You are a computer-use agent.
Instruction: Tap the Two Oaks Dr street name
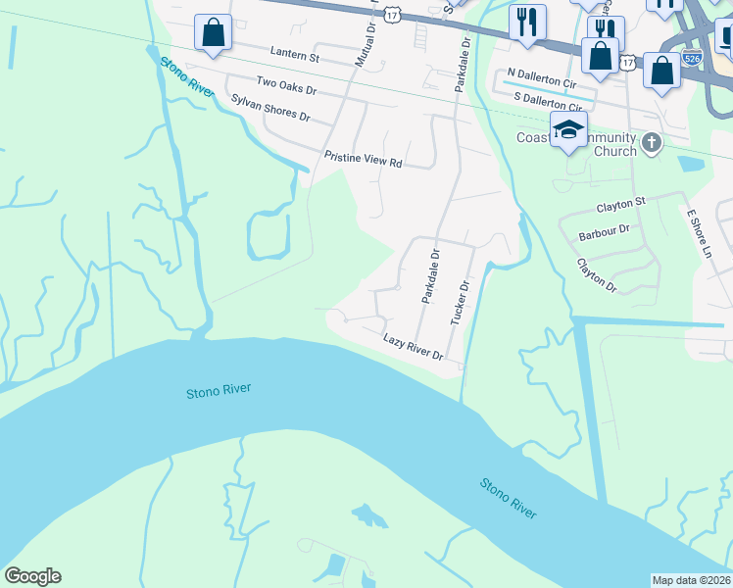point(285,88)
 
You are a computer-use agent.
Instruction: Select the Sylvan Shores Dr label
point(270,108)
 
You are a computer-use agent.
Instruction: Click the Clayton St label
point(621,204)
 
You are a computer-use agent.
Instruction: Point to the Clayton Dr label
point(596,275)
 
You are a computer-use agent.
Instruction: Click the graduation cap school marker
point(568,129)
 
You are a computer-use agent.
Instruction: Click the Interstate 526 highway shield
point(692,57)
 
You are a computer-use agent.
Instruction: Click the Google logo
point(32,576)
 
